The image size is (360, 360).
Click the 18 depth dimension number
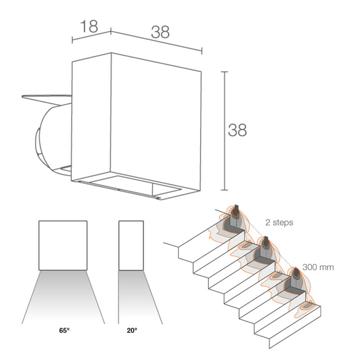(89, 26)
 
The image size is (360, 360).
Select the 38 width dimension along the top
(160, 32)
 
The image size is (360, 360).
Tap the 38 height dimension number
(237, 130)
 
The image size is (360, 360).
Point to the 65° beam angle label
(64, 330)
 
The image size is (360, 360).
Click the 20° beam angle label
(132, 330)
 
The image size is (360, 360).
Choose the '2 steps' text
(279, 222)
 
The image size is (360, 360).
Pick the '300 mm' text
(318, 267)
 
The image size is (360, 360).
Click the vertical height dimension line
(224, 131)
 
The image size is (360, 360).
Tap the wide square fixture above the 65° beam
(63, 246)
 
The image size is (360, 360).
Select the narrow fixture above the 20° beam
(131, 246)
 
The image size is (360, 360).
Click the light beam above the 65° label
(63, 297)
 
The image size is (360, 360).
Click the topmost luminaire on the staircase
(236, 209)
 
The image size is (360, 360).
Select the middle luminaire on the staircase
(266, 241)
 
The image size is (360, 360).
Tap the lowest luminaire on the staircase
(297, 273)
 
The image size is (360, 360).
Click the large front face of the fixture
(156, 122)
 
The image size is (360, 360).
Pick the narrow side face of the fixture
(91, 117)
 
